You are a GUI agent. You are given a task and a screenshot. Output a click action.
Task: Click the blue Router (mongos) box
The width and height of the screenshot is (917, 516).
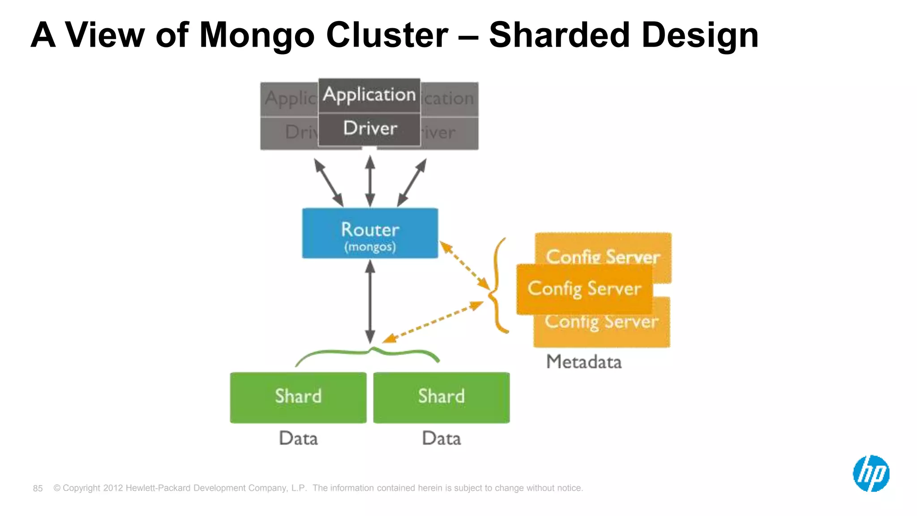click(370, 233)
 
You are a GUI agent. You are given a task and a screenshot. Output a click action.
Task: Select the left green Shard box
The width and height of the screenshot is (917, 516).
click(298, 397)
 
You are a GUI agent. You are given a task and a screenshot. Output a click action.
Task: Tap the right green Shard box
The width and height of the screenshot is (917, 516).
click(441, 397)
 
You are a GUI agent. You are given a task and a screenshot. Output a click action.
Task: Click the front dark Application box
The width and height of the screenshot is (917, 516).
click(369, 95)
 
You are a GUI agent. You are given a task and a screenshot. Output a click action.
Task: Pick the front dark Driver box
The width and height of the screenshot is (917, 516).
click(369, 129)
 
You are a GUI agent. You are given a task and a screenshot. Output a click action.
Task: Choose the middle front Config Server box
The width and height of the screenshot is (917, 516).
click(584, 289)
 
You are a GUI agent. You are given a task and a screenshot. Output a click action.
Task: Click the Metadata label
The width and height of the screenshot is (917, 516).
click(584, 362)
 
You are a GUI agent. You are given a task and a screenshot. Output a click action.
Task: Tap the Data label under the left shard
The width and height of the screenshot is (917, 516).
click(298, 438)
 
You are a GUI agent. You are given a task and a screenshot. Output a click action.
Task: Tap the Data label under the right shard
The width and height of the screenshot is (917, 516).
click(441, 438)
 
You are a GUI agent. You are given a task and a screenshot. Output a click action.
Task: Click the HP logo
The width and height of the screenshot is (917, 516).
click(871, 473)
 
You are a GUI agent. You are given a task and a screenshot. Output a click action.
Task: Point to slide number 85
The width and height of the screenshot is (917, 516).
click(38, 488)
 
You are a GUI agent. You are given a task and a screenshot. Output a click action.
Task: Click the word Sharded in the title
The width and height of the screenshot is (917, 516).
click(559, 35)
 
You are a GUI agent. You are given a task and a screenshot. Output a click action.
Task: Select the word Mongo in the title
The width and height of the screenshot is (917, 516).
click(257, 35)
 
